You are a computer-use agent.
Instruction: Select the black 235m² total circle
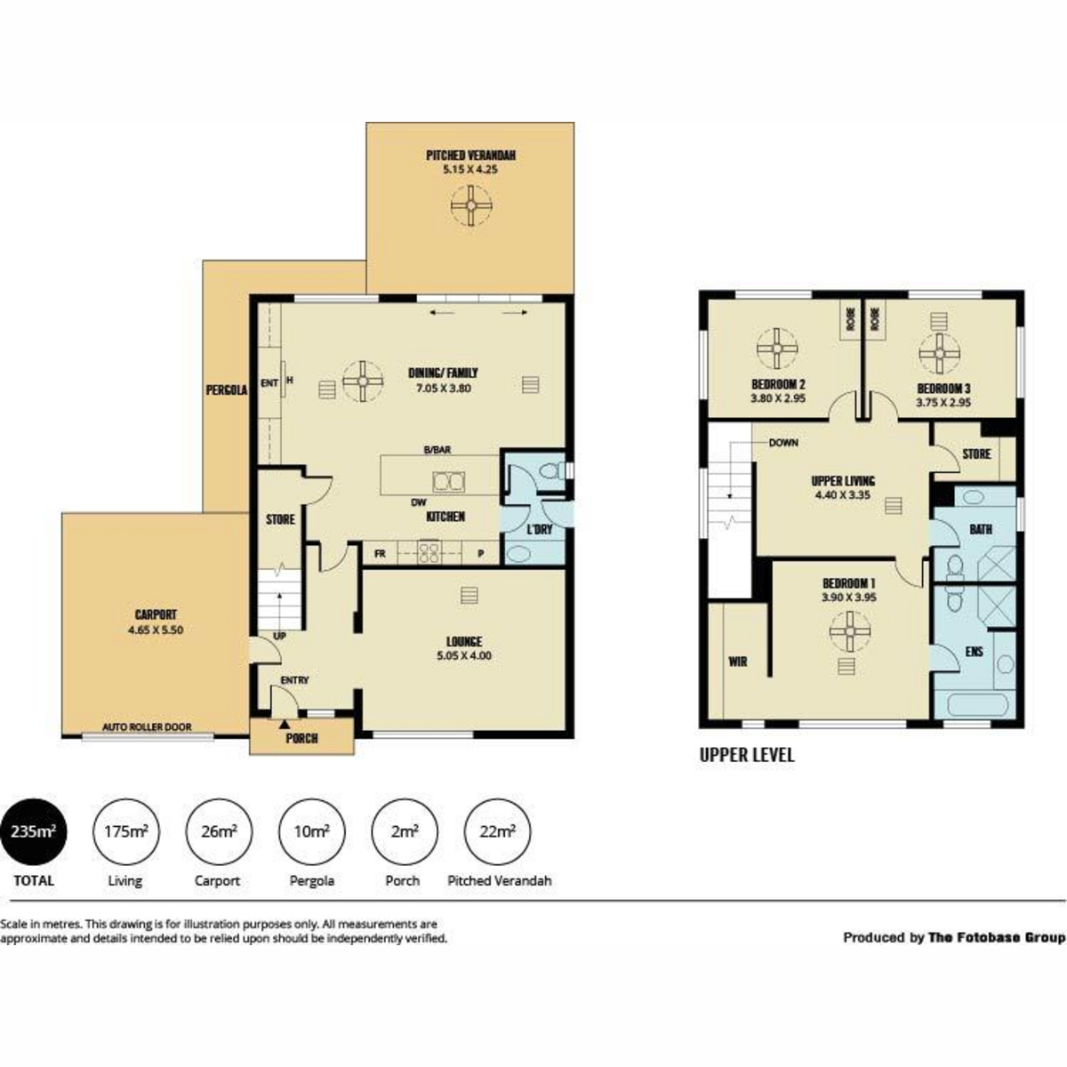33,832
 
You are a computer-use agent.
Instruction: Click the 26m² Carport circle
218,832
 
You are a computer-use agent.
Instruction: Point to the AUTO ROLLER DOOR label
147,726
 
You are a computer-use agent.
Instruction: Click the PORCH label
301,738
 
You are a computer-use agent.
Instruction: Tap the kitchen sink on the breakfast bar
447,482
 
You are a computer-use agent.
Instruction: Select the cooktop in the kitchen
429,553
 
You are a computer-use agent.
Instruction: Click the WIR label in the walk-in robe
737,662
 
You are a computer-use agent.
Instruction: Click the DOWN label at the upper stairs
783,443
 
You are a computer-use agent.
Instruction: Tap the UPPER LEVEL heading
746,755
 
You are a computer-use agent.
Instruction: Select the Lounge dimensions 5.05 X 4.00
464,656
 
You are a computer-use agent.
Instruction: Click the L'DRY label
539,529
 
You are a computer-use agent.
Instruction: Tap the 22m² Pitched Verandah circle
498,832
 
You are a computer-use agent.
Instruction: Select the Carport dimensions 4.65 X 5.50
156,630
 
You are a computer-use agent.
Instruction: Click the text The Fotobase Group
996,937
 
